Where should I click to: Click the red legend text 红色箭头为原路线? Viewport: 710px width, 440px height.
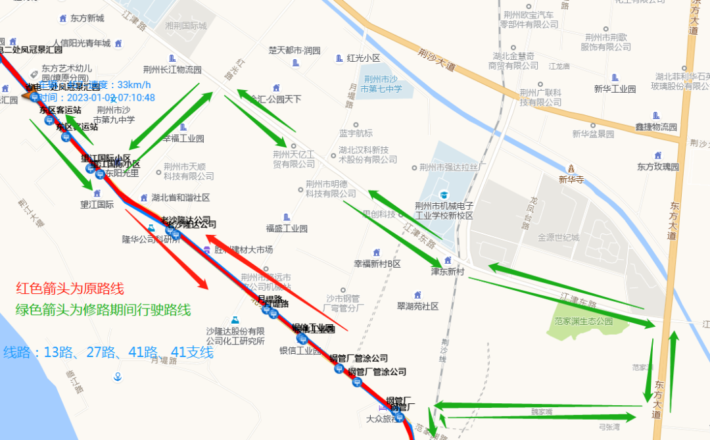tap(70, 289)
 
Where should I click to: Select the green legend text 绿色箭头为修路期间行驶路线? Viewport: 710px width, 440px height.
tap(103, 310)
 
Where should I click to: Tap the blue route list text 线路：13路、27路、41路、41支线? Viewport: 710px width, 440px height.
tap(108, 353)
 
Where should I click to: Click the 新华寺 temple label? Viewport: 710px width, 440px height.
tap(571, 178)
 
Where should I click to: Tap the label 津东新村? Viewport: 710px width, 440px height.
tap(448, 270)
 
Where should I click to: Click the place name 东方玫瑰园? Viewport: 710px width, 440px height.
tap(657, 166)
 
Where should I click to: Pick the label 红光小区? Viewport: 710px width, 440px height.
tap(364, 58)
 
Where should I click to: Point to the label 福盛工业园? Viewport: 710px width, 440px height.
tap(287, 228)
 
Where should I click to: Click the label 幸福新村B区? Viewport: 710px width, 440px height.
tap(377, 264)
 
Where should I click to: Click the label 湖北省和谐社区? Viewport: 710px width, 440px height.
tap(180, 197)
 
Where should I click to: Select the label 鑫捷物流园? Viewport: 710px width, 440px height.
tap(655, 127)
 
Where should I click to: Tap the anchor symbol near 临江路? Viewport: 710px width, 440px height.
tap(118, 377)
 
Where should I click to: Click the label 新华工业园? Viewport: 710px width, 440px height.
tap(615, 89)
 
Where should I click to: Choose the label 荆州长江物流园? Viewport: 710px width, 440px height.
tap(172, 70)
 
